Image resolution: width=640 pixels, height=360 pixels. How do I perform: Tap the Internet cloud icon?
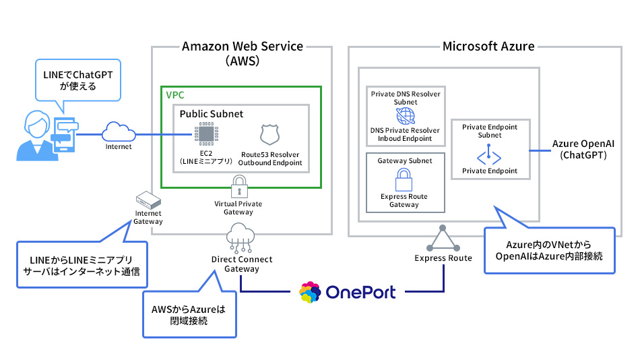point(118,131)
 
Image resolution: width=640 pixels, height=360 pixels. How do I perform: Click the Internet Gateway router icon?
point(148,200)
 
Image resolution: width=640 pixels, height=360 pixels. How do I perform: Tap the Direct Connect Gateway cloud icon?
point(241,236)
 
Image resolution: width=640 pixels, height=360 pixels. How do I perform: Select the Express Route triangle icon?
point(443,238)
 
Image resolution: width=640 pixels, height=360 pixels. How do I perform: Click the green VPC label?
point(175,95)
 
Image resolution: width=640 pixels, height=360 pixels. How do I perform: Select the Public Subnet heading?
point(211,114)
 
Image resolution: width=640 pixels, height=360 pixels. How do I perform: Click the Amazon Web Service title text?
point(243,47)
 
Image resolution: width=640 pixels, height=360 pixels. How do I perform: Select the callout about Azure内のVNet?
point(549,250)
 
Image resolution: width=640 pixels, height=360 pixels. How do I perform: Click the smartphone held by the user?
point(65,133)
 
